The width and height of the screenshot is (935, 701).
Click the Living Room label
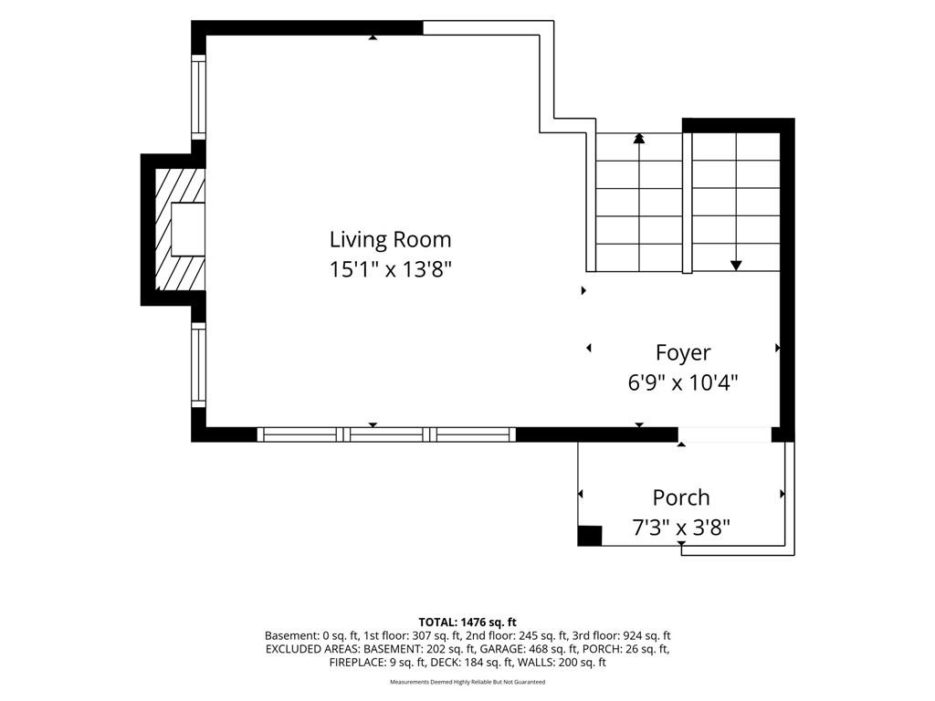click(391, 240)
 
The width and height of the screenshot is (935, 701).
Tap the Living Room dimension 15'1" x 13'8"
click(391, 269)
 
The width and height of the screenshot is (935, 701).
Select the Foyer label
click(683, 352)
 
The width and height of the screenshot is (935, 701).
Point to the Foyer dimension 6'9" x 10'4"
click(683, 382)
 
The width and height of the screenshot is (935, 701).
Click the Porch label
click(681, 497)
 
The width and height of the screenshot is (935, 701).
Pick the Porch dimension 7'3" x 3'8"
click(681, 528)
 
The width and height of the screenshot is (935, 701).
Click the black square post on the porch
click(590, 535)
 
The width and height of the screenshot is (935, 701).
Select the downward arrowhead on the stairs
click(737, 266)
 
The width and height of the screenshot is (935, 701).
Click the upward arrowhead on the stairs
click(639, 139)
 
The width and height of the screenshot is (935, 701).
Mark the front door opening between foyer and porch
click(724, 434)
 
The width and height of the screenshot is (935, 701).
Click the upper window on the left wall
click(198, 97)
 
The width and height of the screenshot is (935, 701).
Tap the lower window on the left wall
click(198, 365)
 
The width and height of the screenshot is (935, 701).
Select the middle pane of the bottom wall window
click(386, 434)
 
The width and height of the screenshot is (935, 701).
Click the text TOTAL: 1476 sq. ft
click(467, 623)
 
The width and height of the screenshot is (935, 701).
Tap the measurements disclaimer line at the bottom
click(467, 682)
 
